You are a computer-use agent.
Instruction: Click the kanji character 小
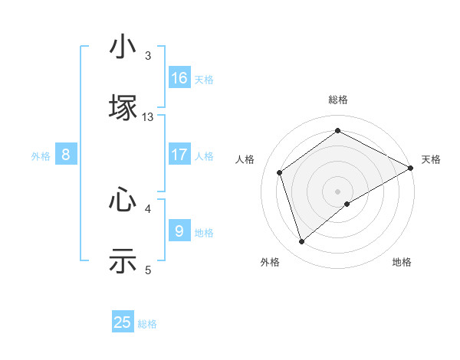click(x=123, y=47)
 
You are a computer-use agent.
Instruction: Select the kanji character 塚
click(x=123, y=106)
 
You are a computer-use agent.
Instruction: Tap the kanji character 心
click(x=123, y=201)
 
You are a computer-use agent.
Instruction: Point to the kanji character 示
click(x=123, y=260)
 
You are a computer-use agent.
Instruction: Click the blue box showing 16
click(x=179, y=78)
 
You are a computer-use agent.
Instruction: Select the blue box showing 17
click(x=179, y=155)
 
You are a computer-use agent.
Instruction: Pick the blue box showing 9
click(x=179, y=231)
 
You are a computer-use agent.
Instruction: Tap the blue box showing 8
click(x=66, y=155)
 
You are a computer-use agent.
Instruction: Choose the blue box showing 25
click(x=123, y=322)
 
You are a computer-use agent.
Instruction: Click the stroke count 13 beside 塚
click(x=148, y=116)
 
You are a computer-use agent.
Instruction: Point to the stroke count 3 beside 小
click(x=148, y=56)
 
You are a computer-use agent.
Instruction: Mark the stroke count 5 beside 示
click(x=148, y=270)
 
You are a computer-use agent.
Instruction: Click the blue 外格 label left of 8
click(x=41, y=155)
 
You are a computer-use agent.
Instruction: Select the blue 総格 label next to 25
click(x=147, y=324)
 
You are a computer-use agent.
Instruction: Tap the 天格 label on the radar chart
click(x=431, y=159)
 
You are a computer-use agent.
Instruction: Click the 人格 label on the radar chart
click(x=245, y=159)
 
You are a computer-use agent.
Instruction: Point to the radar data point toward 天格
click(x=411, y=167)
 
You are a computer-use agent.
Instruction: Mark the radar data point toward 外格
click(x=301, y=242)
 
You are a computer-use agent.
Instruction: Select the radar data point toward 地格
click(x=347, y=204)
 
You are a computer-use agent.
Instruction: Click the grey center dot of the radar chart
click(x=337, y=191)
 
